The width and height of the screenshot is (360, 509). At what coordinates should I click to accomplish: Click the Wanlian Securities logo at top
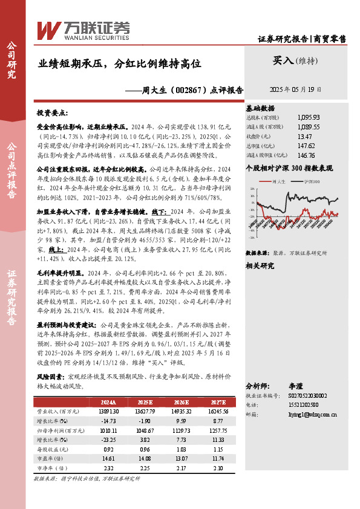click(83, 29)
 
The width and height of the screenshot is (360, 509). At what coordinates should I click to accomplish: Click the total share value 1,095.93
click(309, 117)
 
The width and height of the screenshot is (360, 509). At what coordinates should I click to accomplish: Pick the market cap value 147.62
click(306, 146)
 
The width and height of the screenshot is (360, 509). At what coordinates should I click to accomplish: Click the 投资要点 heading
click(53, 113)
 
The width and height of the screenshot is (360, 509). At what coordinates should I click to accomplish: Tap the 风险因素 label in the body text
click(50, 375)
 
